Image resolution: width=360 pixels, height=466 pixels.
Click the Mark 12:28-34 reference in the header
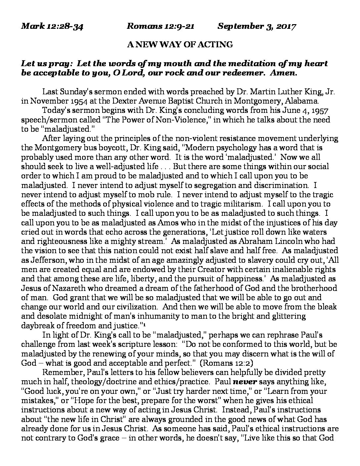click(52, 26)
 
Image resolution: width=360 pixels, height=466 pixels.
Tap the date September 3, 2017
click(257, 26)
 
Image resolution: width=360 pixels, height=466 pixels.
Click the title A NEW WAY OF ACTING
click(180, 44)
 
